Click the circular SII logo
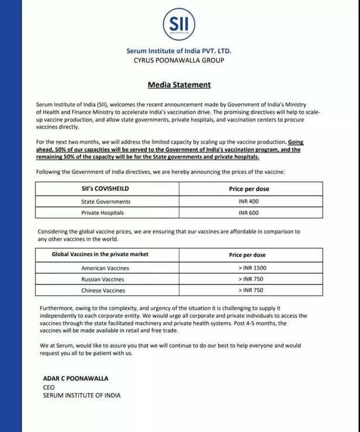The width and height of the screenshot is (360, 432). coord(179,24)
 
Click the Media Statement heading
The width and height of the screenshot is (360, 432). coord(179,85)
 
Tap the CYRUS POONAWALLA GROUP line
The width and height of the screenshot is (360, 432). coord(179,60)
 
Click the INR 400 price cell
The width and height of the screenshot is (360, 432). coord(248,201)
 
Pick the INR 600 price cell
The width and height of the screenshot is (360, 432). coord(248,213)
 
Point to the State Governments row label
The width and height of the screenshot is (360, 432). coord(106,201)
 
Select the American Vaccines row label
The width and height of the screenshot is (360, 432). coord(105,268)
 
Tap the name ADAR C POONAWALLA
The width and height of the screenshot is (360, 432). coord(75,378)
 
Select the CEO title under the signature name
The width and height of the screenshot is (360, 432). coord(49,387)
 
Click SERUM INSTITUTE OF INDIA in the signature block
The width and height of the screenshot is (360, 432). coord(82,395)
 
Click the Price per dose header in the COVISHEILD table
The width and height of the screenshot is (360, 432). coord(248,189)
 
